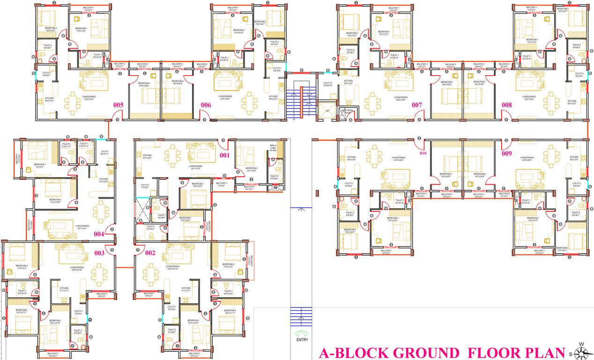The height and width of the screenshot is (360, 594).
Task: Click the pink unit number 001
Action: tap(225, 156)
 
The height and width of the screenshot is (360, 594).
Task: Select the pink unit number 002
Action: tap(149, 253)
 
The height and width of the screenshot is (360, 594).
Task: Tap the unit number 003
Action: tap(99, 253)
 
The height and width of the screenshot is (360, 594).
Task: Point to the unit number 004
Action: tap(99, 234)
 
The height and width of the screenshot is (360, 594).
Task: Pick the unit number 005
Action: tap(118, 105)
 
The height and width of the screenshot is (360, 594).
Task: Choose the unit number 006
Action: tap(206, 105)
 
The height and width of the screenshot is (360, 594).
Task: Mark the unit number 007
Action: tap(417, 105)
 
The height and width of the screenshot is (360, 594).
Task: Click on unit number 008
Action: tap(506, 105)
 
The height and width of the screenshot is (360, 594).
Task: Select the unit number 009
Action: tap(506, 153)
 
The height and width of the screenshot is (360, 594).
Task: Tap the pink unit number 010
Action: tap(423, 153)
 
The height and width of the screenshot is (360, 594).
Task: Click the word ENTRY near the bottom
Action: tap(302, 340)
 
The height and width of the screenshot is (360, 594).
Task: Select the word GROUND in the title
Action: tap(425, 353)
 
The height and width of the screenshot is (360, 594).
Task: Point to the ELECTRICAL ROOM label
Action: tap(347, 112)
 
